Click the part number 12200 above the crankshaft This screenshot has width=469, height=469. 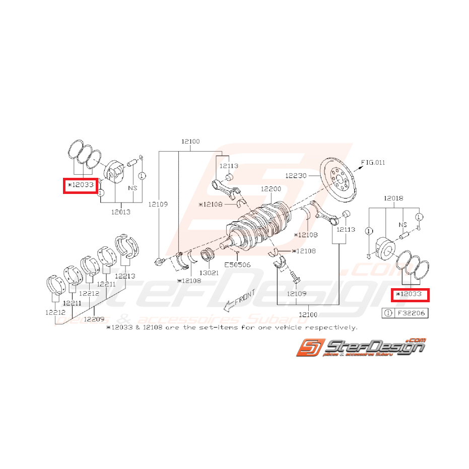pyautogui.click(x=271, y=188)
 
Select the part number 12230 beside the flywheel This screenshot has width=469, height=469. pyautogui.click(x=296, y=176)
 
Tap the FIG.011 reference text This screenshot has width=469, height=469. pyautogui.click(x=373, y=162)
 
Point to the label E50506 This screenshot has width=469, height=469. pyautogui.click(x=237, y=263)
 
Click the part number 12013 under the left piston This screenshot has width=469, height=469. pyautogui.click(x=120, y=212)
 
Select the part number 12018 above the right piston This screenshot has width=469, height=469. pyautogui.click(x=393, y=198)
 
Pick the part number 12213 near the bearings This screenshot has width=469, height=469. pyautogui.click(x=124, y=276)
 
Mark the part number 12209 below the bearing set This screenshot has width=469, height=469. pyautogui.click(x=94, y=318)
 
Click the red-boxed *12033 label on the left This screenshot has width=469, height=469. pyautogui.click(x=80, y=185)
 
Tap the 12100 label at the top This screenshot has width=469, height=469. pyautogui.click(x=190, y=142)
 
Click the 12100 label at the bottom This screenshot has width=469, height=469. pyautogui.click(x=308, y=314)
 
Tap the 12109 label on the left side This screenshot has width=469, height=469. pyautogui.click(x=158, y=205)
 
